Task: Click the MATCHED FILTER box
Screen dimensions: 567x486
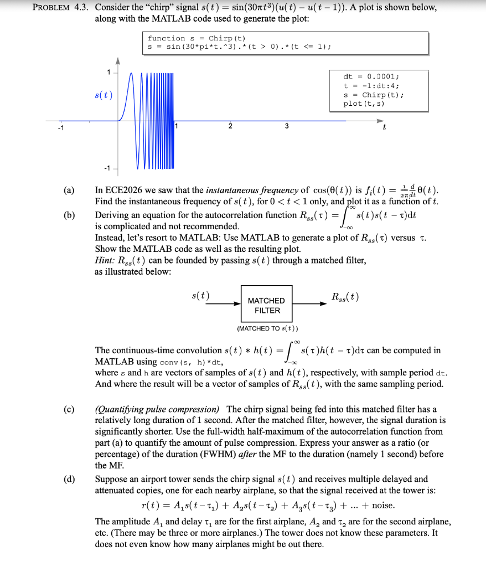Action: point(267,305)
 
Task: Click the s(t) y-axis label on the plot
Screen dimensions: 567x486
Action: point(104,95)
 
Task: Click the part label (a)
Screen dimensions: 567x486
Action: point(68,192)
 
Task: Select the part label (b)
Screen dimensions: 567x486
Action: point(68,215)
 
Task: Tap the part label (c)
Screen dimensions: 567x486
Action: point(68,410)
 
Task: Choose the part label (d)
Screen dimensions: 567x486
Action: point(68,480)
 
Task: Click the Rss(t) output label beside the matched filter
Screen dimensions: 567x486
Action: point(344,297)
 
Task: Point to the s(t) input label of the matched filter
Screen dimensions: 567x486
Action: point(200,296)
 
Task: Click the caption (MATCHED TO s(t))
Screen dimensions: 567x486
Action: point(267,328)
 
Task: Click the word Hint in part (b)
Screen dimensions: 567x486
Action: point(104,260)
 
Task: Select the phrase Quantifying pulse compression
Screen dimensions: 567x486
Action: point(157,410)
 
